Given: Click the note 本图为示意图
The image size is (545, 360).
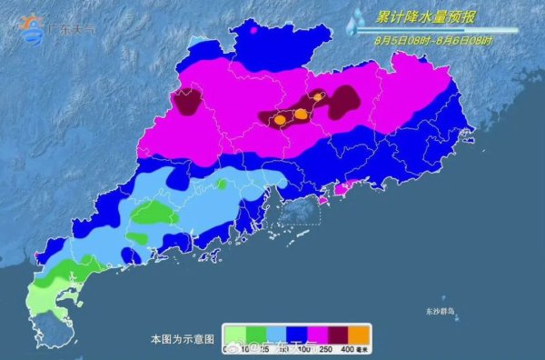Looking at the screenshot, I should (x=183, y=338).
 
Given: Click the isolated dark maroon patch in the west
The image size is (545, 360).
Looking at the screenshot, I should (x=188, y=103).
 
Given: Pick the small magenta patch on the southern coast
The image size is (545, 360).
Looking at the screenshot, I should (x=342, y=189).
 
